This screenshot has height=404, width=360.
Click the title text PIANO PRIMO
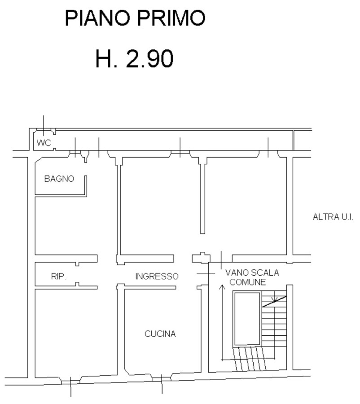135,18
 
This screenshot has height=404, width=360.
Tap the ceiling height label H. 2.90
134,59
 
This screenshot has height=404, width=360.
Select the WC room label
44,143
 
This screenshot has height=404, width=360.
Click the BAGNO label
59,179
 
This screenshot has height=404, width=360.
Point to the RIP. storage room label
59,277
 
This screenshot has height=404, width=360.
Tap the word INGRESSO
157,276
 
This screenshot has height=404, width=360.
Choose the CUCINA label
160,334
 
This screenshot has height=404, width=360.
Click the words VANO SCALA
252,272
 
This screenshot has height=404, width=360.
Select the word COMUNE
247,282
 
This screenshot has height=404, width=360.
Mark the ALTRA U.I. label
333,217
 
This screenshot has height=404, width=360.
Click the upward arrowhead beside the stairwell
222,287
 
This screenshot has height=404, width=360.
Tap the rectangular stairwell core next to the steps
247,319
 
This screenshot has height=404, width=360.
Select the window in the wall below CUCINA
162,379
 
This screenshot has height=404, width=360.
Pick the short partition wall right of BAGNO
86,186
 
